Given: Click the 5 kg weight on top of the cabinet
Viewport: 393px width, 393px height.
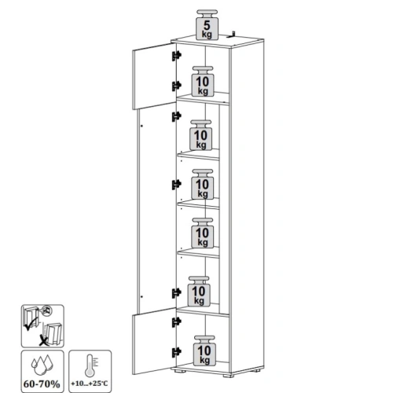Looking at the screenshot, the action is pyautogui.click(x=207, y=25).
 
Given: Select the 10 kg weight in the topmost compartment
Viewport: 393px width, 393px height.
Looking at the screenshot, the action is pyautogui.click(x=203, y=81).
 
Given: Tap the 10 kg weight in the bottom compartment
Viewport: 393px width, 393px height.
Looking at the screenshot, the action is pyautogui.click(x=204, y=351).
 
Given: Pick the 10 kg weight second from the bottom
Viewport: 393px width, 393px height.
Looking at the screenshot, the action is pyautogui.click(x=199, y=292).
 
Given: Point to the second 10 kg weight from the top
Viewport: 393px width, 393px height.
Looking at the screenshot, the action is pyautogui.click(x=201, y=135).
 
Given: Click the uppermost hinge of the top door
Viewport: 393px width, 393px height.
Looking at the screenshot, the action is pyautogui.click(x=177, y=56).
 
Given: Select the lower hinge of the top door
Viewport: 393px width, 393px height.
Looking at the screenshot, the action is pyautogui.click(x=177, y=86).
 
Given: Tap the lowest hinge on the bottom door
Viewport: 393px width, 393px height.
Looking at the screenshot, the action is pyautogui.click(x=177, y=352).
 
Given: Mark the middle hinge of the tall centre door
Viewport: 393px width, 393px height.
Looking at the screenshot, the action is pyautogui.click(x=177, y=185).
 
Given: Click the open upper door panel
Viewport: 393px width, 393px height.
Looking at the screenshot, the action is pyautogui.click(x=154, y=76).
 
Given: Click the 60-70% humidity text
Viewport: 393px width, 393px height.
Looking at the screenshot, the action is pyautogui.click(x=42, y=384).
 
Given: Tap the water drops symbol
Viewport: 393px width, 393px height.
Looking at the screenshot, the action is pyautogui.click(x=42, y=365).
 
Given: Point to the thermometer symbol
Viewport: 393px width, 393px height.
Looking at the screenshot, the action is pyautogui.click(x=90, y=365).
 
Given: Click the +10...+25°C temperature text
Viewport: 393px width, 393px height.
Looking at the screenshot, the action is pyautogui.click(x=90, y=384).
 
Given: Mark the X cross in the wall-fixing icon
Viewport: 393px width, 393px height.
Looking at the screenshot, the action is pyautogui.click(x=44, y=341).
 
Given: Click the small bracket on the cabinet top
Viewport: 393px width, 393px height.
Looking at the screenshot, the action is pyautogui.click(x=231, y=35).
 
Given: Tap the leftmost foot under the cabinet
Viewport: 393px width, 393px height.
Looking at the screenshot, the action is pyautogui.click(x=178, y=370).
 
